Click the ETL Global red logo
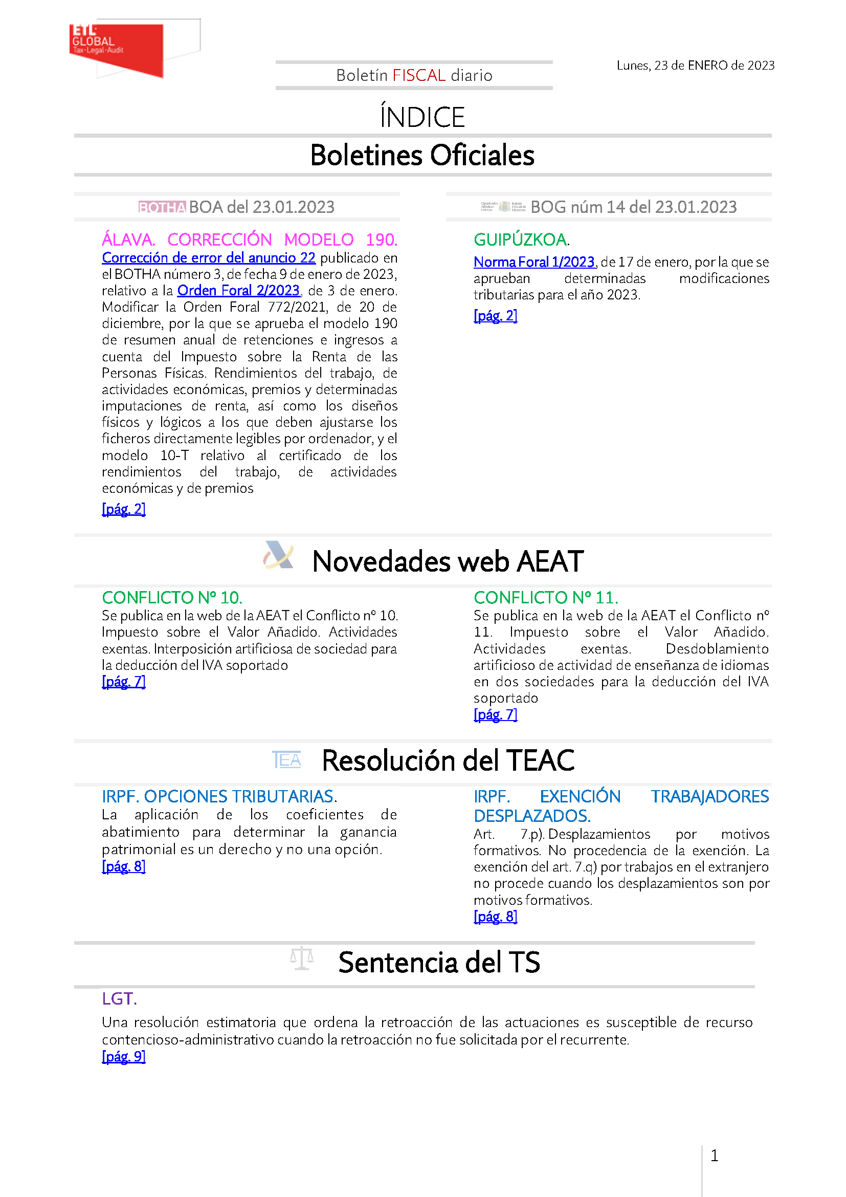tap(116, 50)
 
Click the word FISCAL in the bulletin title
tap(418, 76)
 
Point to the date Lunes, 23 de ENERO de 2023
tap(695, 66)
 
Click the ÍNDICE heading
tap(422, 117)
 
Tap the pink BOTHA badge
tap(162, 207)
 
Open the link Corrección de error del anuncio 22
tap(208, 258)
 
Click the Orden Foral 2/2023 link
tap(238, 290)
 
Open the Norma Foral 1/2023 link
tap(533, 262)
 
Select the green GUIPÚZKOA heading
tap(520, 240)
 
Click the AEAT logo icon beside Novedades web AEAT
tap(279, 556)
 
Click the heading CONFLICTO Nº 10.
tap(172, 597)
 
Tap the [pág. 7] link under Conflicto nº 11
tap(495, 715)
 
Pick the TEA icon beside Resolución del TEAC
tap(286, 760)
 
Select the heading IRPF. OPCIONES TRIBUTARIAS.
tap(219, 797)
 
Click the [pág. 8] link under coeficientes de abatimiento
tap(123, 866)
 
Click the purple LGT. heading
tap(119, 999)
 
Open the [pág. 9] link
tap(123, 1057)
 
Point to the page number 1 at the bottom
tap(714, 1156)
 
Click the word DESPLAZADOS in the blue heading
tap(531, 816)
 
